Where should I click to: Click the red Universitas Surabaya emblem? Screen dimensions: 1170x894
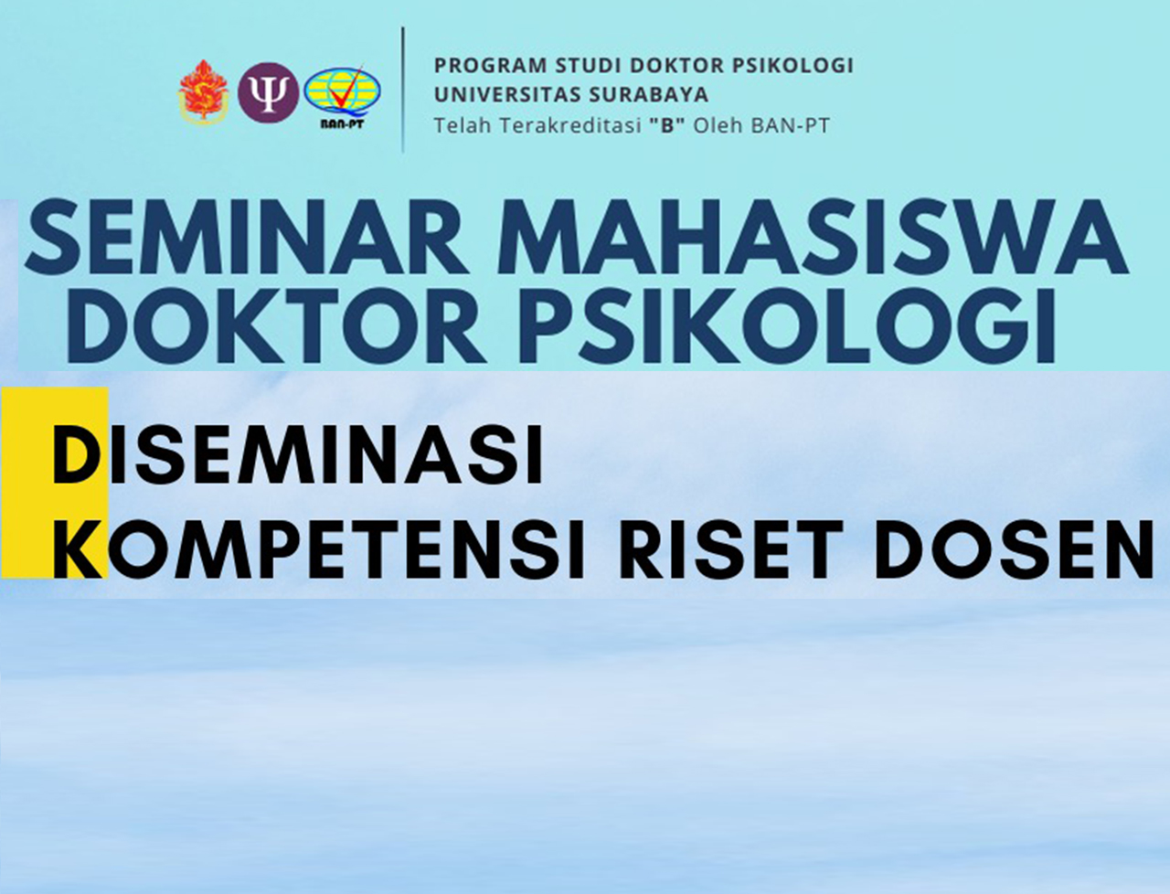point(203,92)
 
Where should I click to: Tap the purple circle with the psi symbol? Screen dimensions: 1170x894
point(268,92)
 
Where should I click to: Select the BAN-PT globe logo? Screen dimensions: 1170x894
point(342,99)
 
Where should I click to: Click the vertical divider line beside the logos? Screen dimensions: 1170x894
point(402,90)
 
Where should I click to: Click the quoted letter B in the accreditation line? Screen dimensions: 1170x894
point(667,126)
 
